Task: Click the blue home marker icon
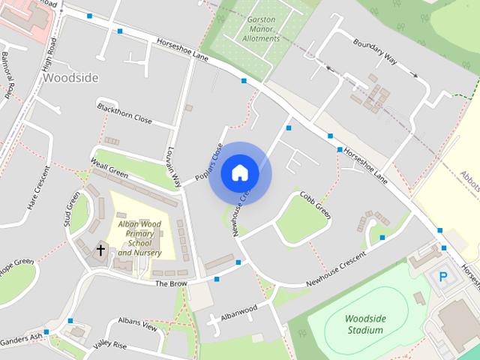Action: (x=240, y=173)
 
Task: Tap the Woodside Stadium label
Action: (x=365, y=323)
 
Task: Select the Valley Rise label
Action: (x=110, y=346)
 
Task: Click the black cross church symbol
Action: (x=100, y=249)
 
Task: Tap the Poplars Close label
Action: (x=209, y=162)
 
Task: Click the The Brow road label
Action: (x=170, y=283)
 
